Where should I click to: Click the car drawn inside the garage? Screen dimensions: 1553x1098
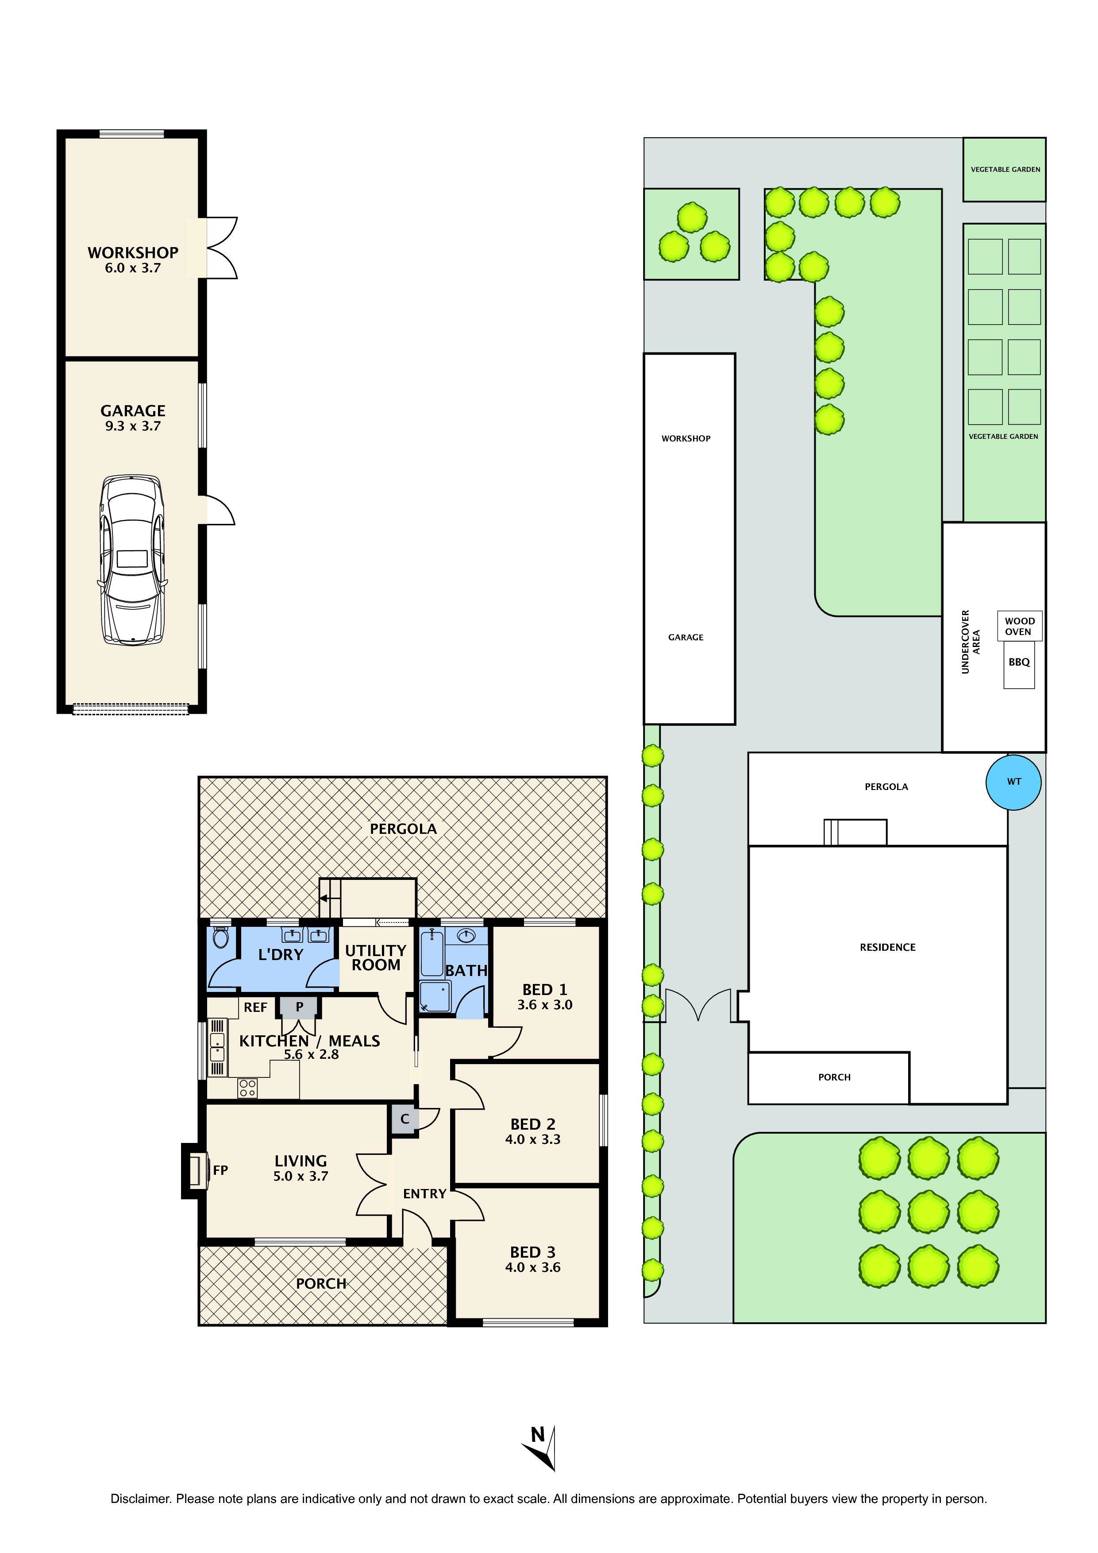pos(132,559)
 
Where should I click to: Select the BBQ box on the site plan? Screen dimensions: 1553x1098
pos(1019,663)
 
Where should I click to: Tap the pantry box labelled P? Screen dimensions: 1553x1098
pos(300,1007)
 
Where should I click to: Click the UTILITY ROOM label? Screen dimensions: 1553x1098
pos(375,958)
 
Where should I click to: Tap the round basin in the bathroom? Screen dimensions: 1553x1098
pos(466,936)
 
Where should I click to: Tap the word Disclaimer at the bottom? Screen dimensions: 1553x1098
pos(139,1499)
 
